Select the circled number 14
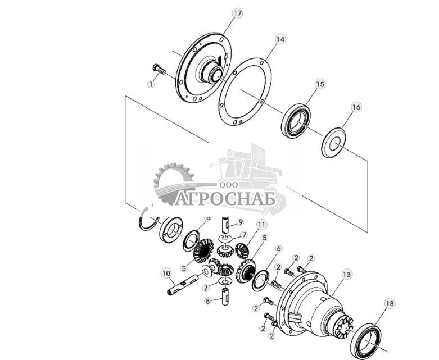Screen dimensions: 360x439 280,39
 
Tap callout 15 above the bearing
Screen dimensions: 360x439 319,84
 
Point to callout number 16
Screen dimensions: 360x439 356,107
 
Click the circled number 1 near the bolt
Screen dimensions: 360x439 151,84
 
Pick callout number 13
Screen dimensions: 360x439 346,274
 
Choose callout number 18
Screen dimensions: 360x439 389,304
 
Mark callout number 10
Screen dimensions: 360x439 166,273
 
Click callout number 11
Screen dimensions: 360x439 261,225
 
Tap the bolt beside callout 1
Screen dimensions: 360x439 159,70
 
